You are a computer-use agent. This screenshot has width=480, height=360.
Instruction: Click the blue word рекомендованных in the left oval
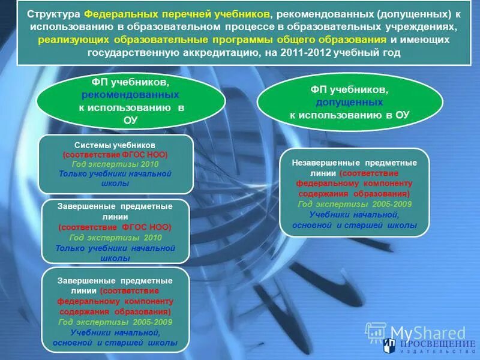click(x=130, y=95)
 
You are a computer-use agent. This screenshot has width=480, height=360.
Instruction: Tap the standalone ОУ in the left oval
click(x=130, y=119)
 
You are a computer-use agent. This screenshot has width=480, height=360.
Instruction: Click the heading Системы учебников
click(x=115, y=145)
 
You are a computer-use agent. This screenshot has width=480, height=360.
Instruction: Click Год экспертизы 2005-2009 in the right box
click(x=354, y=204)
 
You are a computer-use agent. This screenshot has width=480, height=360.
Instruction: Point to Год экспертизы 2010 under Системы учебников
click(x=115, y=164)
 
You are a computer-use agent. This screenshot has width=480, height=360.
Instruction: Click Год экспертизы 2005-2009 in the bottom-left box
click(x=115, y=322)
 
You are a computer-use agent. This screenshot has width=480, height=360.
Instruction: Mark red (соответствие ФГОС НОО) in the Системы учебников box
click(x=115, y=154)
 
